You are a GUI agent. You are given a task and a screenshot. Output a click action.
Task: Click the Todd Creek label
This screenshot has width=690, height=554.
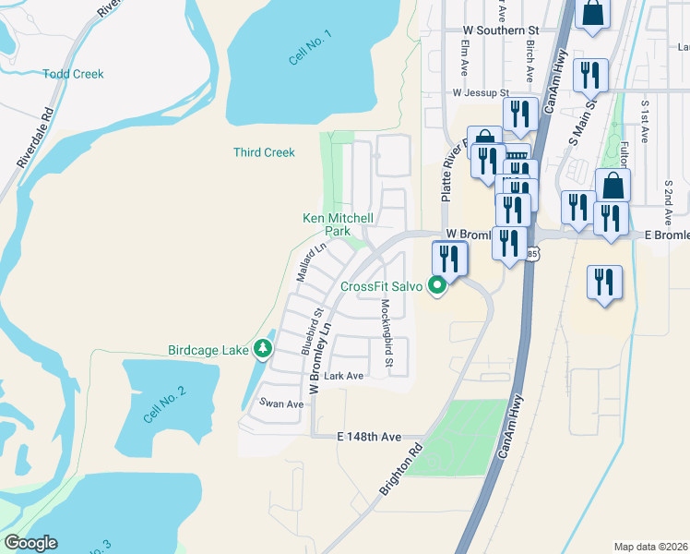[x=73, y=74]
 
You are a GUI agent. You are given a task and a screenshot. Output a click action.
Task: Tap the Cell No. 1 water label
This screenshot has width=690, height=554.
[x=309, y=47]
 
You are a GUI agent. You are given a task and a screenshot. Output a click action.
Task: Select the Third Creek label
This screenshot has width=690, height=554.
[x=264, y=152]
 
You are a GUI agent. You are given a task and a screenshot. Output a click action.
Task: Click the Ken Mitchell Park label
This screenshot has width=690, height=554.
[x=339, y=224]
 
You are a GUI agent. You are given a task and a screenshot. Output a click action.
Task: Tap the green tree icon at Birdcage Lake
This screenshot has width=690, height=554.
[x=265, y=348]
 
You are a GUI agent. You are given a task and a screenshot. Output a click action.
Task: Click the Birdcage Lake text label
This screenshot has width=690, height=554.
[x=208, y=350]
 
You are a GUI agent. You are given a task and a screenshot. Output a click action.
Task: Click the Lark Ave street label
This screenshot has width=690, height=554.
[x=343, y=376]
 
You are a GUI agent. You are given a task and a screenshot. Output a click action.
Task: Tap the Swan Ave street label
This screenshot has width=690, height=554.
[x=281, y=403]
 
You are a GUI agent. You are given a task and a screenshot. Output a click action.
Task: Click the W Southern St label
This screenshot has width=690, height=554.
[x=499, y=30]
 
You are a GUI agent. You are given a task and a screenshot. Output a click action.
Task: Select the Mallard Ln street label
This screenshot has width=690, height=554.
[x=311, y=262]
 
